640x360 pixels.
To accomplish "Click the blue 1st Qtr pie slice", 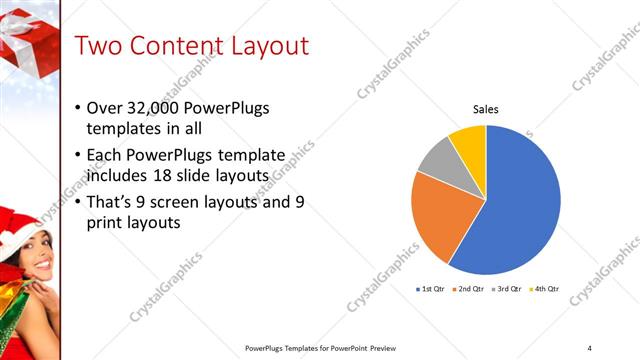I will (x=530, y=200).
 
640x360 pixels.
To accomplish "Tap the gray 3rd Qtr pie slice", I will (x=436, y=163).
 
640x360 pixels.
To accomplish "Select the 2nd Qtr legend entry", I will (x=469, y=289).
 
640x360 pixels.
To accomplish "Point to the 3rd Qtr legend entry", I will (x=507, y=289).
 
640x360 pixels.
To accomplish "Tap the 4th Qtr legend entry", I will (x=545, y=289).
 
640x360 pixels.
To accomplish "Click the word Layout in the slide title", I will (x=258, y=46).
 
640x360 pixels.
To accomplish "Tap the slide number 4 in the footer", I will (x=589, y=347).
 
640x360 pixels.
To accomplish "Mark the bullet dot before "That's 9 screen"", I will (x=79, y=202).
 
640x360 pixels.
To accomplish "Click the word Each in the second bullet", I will (x=106, y=155).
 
